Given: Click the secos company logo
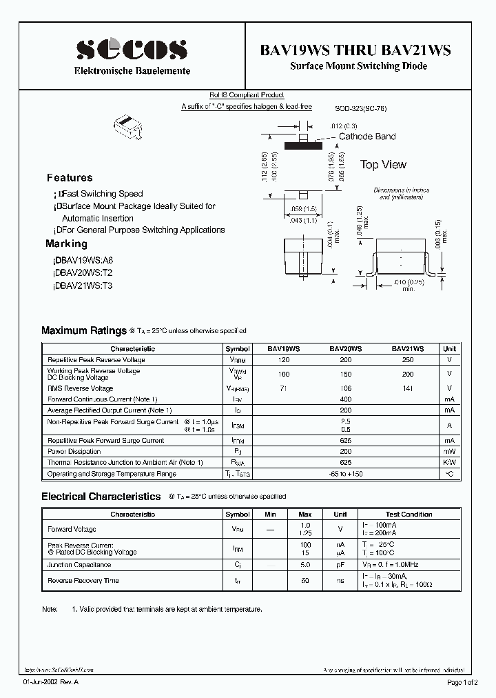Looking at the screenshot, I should (x=132, y=50).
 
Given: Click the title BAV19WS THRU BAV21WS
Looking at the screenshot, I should (x=355, y=50).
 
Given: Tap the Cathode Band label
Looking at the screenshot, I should (x=367, y=137).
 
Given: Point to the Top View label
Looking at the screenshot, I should (x=383, y=165).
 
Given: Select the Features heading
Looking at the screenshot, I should (x=70, y=177).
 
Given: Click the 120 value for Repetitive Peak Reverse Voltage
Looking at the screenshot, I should (x=284, y=360).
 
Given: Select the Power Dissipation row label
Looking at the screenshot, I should (x=74, y=452).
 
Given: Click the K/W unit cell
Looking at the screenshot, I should (x=449, y=462).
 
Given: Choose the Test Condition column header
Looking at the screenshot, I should (x=409, y=515).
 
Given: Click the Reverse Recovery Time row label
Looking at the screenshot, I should (x=83, y=581).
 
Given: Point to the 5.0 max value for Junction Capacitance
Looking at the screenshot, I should (x=305, y=565).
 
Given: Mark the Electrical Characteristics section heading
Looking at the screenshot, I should (x=101, y=497).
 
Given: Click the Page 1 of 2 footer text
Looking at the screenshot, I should (x=465, y=682).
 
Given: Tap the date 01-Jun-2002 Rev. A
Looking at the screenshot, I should (x=52, y=682).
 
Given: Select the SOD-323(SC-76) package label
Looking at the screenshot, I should (x=360, y=108).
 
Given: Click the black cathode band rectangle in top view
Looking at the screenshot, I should (x=302, y=146).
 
